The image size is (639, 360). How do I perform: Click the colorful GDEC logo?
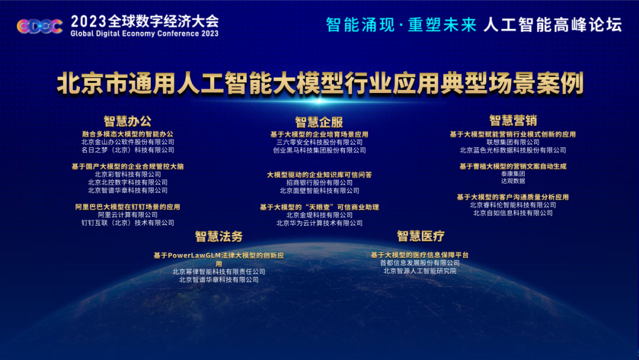pos(40,27)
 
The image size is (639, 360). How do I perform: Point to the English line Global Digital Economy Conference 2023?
pos(145,34)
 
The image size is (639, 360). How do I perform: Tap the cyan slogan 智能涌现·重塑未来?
pos(401,25)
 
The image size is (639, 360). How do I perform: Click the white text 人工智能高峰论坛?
pos(553,25)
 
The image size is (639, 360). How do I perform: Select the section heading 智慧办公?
pos(128,121)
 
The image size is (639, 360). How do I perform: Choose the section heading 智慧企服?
pos(319,122)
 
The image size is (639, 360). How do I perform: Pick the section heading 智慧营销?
pos(513,120)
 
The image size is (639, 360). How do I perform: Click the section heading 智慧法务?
pos(219,236)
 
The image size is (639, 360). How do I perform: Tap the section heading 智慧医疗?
pos(421,236)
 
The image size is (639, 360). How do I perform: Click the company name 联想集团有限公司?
pos(513,142)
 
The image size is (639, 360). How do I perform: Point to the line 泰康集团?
pos(513,173)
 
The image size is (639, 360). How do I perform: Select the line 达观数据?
pos(513,181)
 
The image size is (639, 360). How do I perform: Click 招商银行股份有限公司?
pos(319,182)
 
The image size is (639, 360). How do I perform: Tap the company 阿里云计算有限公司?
pos(128,215)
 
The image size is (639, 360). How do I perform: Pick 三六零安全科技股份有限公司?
pos(319,142)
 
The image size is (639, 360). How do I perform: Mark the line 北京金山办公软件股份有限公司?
pos(128,142)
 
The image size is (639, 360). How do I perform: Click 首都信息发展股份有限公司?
pos(419,263)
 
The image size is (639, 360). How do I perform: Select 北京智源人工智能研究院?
pos(419,271)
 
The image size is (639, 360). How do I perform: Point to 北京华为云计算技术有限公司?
pos(319,223)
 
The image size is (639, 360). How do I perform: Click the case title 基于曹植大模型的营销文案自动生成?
pos(513,166)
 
